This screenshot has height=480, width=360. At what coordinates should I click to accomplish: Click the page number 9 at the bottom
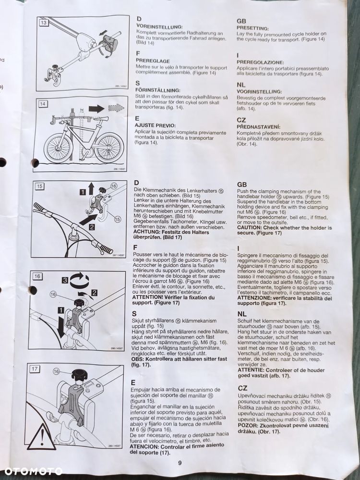point(180,463)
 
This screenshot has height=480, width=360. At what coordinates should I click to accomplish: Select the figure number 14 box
point(43,104)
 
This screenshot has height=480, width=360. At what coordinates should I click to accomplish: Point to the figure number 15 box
point(40,186)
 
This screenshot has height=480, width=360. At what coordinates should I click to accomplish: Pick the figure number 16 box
point(37,276)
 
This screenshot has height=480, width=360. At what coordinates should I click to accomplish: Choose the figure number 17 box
point(34,369)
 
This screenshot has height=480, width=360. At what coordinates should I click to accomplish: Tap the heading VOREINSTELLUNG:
point(159,27)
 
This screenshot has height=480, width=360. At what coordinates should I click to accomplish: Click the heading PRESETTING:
point(253,28)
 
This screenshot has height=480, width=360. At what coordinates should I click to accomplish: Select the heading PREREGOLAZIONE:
point(260,62)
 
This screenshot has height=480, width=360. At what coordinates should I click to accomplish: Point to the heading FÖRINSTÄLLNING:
point(158,90)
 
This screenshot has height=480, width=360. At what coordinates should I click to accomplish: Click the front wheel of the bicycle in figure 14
point(109,147)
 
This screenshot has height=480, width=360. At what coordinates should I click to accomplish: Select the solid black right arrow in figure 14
point(96,109)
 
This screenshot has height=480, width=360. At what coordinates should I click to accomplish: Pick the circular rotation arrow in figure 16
point(79,280)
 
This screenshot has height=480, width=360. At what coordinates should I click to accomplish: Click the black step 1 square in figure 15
point(82,192)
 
